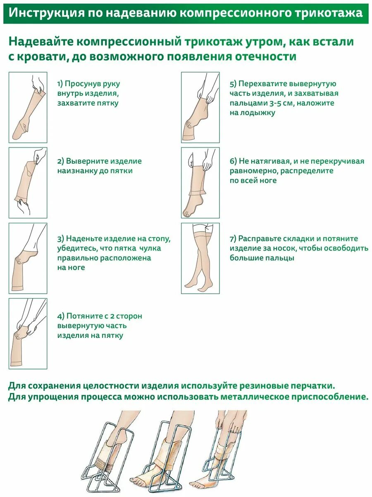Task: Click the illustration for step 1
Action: (28, 107)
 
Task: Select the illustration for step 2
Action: (28, 183)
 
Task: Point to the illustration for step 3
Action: (28, 258)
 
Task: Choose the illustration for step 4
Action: (28, 333)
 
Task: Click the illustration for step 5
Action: (200, 107)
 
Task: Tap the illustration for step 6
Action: (200, 183)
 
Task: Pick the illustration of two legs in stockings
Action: (200, 258)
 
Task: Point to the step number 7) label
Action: (233, 239)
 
